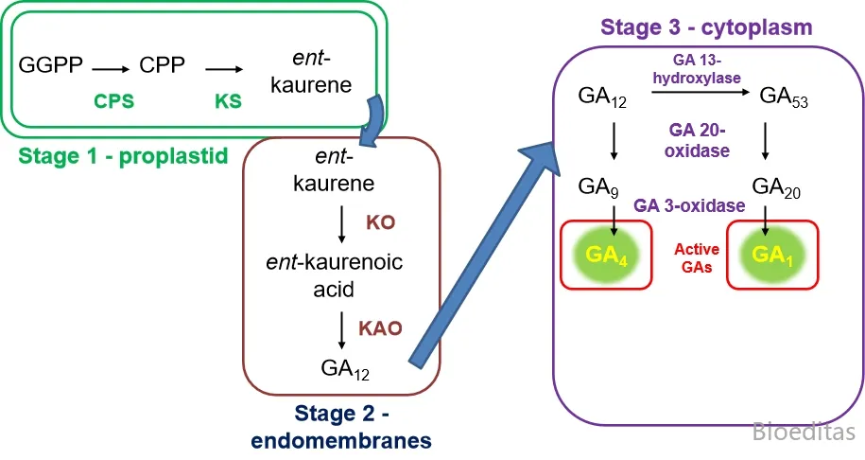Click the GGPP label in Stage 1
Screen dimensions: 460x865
coord(51,66)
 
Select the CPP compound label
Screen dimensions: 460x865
coord(162,66)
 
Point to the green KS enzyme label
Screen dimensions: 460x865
coord(228,98)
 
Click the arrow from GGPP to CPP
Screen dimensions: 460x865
coord(111,68)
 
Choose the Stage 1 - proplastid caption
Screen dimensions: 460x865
coord(123,155)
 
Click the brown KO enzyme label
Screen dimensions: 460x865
coord(380,222)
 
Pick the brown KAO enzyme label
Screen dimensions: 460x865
coord(380,328)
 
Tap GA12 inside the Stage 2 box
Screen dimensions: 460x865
coord(345,368)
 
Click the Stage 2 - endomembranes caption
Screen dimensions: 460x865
coord(341,426)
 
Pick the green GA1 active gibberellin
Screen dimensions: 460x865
coord(770,255)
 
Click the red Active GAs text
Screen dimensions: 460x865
coord(697,258)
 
